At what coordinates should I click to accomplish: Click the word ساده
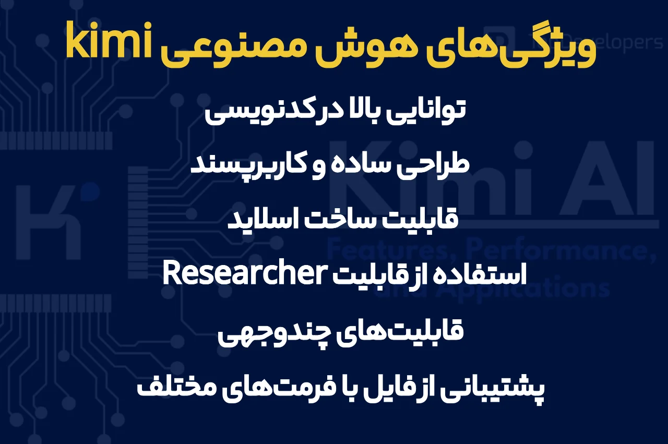[354, 165]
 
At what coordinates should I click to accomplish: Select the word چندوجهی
[270, 332]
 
